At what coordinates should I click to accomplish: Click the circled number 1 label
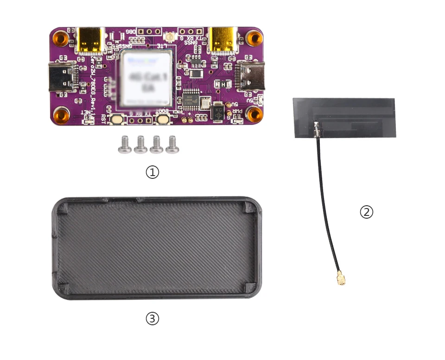[153, 172]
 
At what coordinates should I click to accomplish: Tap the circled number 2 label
[366, 212]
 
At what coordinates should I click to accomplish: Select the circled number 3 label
[153, 318]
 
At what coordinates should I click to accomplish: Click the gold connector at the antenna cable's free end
[342, 279]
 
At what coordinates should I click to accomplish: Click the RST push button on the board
[116, 120]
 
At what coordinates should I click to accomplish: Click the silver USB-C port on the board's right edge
[251, 76]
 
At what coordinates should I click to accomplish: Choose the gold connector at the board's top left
[91, 39]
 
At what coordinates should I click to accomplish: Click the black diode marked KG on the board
[218, 111]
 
